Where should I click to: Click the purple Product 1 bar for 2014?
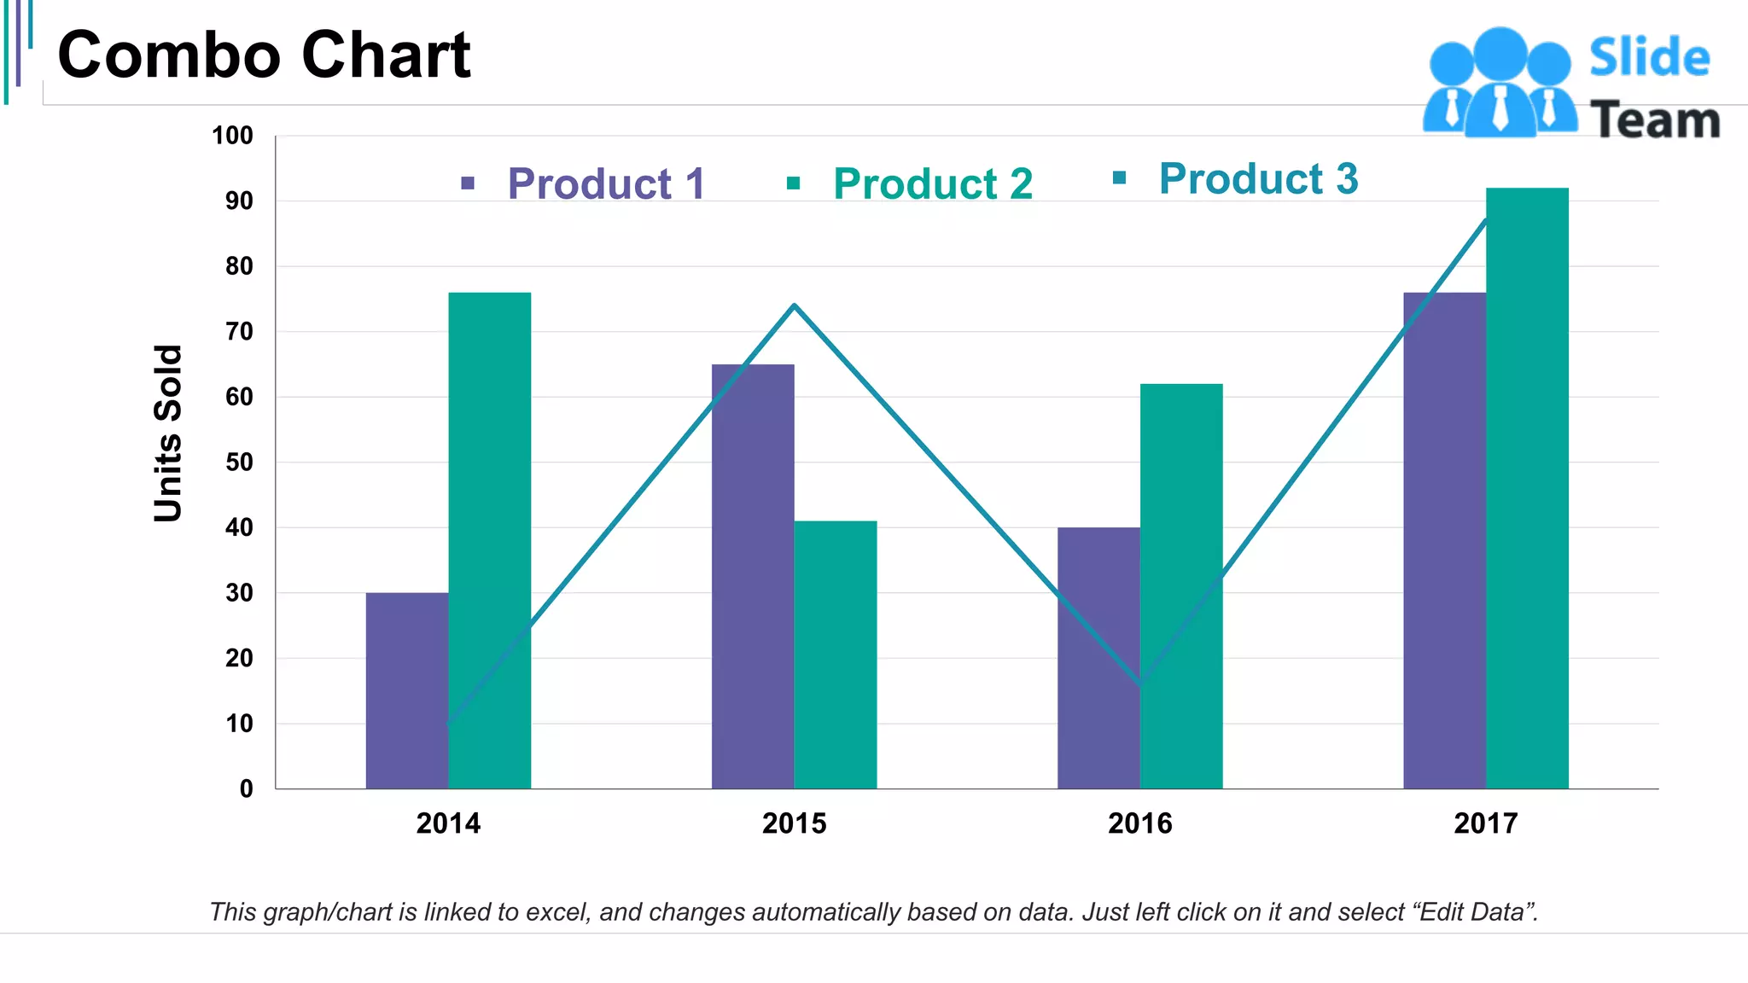click(406, 691)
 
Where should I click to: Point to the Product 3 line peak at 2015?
click(795, 305)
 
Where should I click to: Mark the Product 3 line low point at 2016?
click(1141, 683)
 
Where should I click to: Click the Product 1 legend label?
click(606, 183)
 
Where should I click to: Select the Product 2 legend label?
click(932, 183)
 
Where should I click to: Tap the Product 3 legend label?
click(1258, 179)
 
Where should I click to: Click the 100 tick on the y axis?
click(232, 136)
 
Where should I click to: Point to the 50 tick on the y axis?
click(239, 462)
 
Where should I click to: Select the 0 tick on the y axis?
click(246, 788)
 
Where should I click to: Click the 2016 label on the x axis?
click(1140, 823)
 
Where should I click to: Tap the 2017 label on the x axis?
click(1486, 823)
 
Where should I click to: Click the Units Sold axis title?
click(168, 433)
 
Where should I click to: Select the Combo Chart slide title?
click(264, 55)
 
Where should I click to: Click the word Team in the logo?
click(1654, 119)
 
